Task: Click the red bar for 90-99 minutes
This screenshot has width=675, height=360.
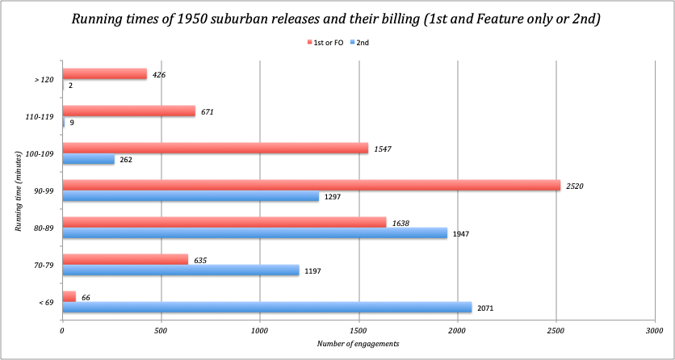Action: pos(311,185)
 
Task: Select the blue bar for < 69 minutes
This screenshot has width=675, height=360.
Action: pos(266,307)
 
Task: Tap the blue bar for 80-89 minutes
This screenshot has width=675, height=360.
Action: pos(254,232)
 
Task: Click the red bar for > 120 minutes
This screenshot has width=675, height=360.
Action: pos(104,74)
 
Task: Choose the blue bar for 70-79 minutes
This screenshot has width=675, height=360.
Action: pos(180,270)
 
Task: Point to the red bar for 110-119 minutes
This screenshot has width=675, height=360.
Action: pos(128,111)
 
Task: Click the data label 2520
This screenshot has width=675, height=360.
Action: pos(576,185)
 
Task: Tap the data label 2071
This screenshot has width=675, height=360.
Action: pos(486,308)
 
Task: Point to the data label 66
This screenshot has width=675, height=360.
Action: pos(86,298)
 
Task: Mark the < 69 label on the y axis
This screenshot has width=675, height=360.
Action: pos(44,302)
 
